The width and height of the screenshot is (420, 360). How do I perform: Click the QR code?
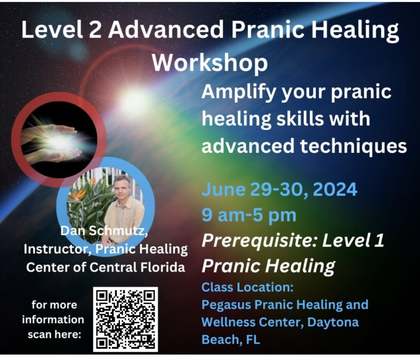pyautogui.click(x=126, y=319)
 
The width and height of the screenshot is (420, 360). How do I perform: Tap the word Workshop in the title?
pyautogui.click(x=210, y=63)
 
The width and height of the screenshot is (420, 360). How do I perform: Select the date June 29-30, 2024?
pyautogui.click(x=279, y=189)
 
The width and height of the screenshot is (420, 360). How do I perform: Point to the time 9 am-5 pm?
pyautogui.click(x=249, y=215)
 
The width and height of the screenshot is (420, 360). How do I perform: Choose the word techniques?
pyautogui.click(x=353, y=147)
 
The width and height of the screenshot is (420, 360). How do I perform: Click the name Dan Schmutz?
pyautogui.click(x=104, y=231)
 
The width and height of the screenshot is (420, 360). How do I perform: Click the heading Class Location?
pyautogui.click(x=247, y=287)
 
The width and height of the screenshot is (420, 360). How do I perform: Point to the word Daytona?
pyautogui.click(x=333, y=323)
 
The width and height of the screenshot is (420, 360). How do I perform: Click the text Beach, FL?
pyautogui.click(x=231, y=339)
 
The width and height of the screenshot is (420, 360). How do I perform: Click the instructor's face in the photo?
pyautogui.click(x=123, y=187)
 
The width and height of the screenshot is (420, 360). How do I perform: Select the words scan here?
pyautogui.click(x=55, y=335)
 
